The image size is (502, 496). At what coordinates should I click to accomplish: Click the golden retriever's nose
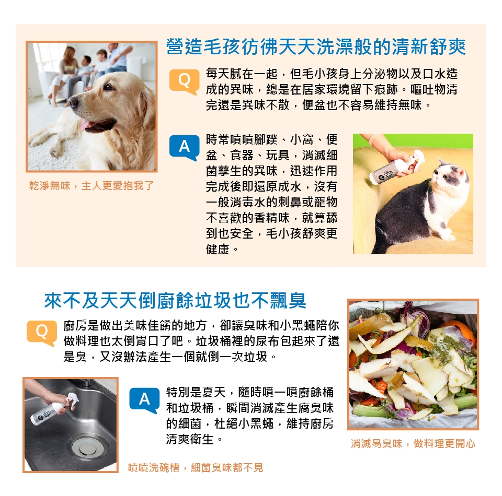(74, 101)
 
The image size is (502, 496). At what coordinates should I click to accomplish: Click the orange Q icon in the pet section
(184, 82)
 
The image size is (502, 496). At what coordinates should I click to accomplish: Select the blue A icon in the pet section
(184, 148)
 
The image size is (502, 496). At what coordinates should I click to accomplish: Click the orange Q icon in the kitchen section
(42, 333)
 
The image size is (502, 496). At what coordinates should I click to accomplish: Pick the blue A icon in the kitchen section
(144, 400)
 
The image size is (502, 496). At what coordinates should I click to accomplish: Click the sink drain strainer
(85, 445)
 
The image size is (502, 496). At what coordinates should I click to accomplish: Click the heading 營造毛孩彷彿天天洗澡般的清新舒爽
(316, 46)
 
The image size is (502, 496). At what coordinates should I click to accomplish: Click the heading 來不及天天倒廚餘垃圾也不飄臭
(175, 300)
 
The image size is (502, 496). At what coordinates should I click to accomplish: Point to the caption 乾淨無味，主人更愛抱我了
(91, 186)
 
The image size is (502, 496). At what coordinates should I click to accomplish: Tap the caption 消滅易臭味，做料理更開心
(413, 444)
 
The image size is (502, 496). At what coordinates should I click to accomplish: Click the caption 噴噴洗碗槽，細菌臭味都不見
(195, 468)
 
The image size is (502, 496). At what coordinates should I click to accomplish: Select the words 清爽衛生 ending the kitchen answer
(189, 439)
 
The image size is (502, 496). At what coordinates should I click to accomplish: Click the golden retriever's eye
(108, 86)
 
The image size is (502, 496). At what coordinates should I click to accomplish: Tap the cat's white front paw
(449, 237)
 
